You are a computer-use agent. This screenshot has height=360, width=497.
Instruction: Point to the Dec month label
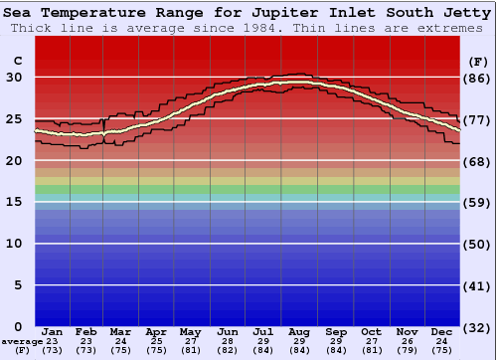pos(442,332)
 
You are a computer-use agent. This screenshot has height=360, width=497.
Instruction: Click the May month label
pos(190,332)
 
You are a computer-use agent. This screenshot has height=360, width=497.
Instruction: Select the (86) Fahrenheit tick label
pos(478,78)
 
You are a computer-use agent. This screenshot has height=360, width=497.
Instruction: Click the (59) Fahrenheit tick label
pos(478,202)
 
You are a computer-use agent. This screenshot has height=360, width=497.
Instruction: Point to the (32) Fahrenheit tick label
pos(478,326)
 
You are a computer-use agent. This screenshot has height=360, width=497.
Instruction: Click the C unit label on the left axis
pos(17,61)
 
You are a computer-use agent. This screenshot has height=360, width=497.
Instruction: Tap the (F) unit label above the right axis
pos(478,61)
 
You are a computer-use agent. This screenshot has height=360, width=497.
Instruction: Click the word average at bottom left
pos(22,341)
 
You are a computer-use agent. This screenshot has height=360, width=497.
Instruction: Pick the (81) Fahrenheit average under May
pos(190,350)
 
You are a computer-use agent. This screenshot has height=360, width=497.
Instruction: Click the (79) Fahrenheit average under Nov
pos(406,350)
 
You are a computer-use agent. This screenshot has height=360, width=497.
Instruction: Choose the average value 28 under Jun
pos(228,341)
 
